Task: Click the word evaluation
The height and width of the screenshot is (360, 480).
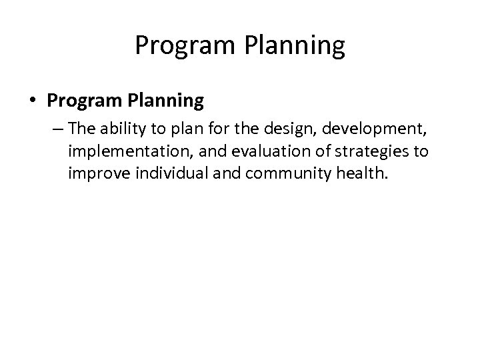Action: click(x=247, y=153)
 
